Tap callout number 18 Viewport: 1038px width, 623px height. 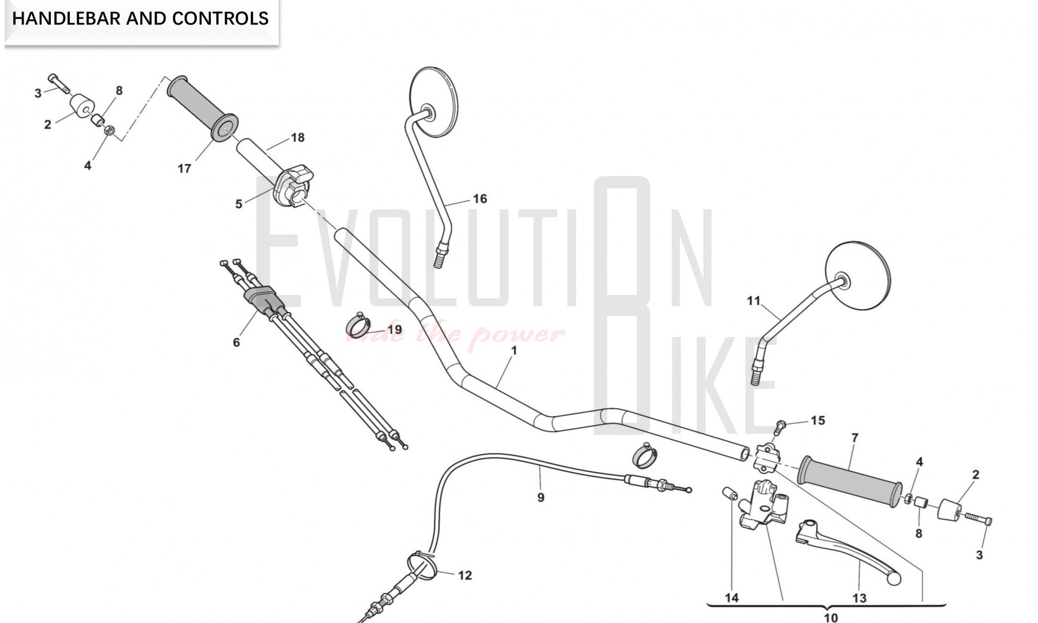[298, 138]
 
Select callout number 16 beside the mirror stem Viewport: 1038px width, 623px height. [479, 198]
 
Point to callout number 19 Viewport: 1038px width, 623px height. [394, 329]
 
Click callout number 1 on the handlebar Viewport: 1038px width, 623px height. [514, 351]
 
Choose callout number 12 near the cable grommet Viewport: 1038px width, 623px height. [464, 575]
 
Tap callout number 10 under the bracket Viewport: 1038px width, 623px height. [831, 617]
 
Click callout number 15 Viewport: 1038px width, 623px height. [818, 420]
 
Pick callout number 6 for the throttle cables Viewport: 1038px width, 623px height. [236, 342]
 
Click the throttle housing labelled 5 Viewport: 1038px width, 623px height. [293, 186]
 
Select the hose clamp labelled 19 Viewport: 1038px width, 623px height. [358, 326]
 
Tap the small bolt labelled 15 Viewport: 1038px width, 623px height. [780, 427]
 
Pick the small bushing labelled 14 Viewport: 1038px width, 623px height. [729, 493]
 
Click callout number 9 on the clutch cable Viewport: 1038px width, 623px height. [540, 497]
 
